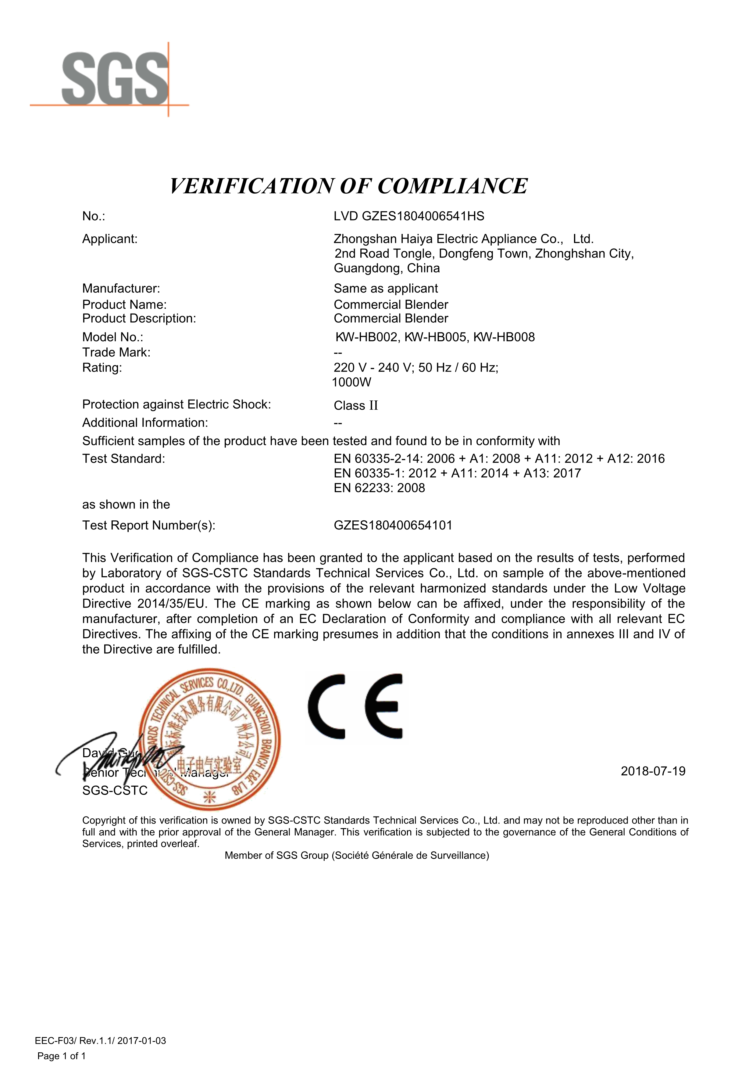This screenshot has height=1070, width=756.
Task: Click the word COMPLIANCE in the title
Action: click(452, 186)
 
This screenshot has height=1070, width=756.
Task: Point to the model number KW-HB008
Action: click(504, 337)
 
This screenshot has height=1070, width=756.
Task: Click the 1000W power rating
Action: click(352, 382)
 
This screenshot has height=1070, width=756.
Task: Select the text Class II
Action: click(355, 405)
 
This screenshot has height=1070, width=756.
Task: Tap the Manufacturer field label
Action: click(121, 289)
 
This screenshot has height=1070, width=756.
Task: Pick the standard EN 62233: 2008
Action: click(379, 488)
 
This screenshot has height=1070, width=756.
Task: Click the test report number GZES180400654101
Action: click(393, 525)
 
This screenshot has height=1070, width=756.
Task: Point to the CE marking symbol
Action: click(355, 706)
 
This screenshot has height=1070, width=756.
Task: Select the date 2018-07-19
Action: click(653, 771)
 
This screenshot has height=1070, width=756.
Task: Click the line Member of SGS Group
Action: click(356, 856)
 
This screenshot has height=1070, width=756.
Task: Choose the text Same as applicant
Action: click(386, 289)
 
